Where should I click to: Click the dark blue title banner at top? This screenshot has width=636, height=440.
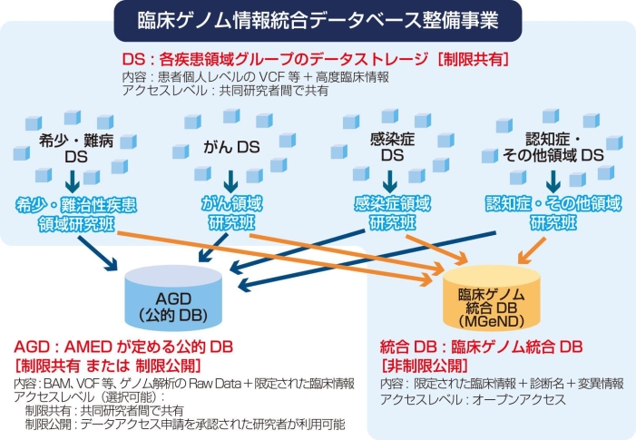(x=318, y=21)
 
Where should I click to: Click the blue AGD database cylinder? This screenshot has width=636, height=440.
(x=173, y=298)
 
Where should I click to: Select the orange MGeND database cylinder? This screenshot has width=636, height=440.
(x=491, y=298)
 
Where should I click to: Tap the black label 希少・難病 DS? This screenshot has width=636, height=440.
(x=76, y=149)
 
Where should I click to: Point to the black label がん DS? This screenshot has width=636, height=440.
(x=231, y=147)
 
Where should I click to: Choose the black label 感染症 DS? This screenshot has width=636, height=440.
(x=392, y=147)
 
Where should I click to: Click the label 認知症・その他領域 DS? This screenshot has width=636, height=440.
(x=553, y=147)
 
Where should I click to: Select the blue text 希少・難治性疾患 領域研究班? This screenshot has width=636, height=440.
(x=76, y=214)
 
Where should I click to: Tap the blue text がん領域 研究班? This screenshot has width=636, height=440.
(x=231, y=213)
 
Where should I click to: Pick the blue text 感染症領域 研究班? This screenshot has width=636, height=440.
(x=392, y=213)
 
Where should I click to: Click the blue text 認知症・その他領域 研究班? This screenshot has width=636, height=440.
(x=553, y=213)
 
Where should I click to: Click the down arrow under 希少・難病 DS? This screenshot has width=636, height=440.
(x=73, y=181)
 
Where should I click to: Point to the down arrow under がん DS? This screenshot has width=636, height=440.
(x=230, y=181)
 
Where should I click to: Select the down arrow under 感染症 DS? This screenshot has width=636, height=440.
(x=390, y=181)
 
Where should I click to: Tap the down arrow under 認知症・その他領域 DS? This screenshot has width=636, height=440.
(x=553, y=181)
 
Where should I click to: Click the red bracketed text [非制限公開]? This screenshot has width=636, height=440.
(x=425, y=366)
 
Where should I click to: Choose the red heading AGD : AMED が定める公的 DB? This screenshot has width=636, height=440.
(x=123, y=347)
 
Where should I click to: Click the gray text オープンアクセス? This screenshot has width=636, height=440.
(x=519, y=400)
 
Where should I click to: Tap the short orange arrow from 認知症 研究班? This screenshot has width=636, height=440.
(x=532, y=250)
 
